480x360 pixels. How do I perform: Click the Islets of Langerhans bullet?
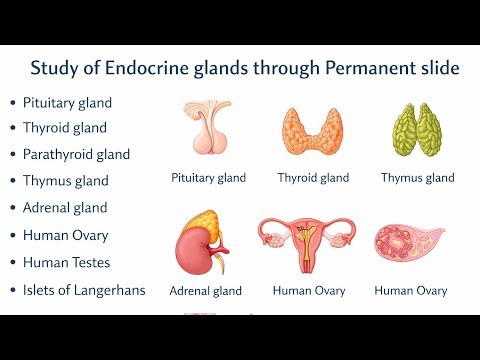[84, 290]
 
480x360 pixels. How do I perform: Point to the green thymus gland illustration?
[417, 132]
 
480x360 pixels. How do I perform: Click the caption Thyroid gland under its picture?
[313, 178]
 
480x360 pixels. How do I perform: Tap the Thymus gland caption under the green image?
[417, 178]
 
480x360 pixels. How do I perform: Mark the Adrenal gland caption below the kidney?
[205, 291]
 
